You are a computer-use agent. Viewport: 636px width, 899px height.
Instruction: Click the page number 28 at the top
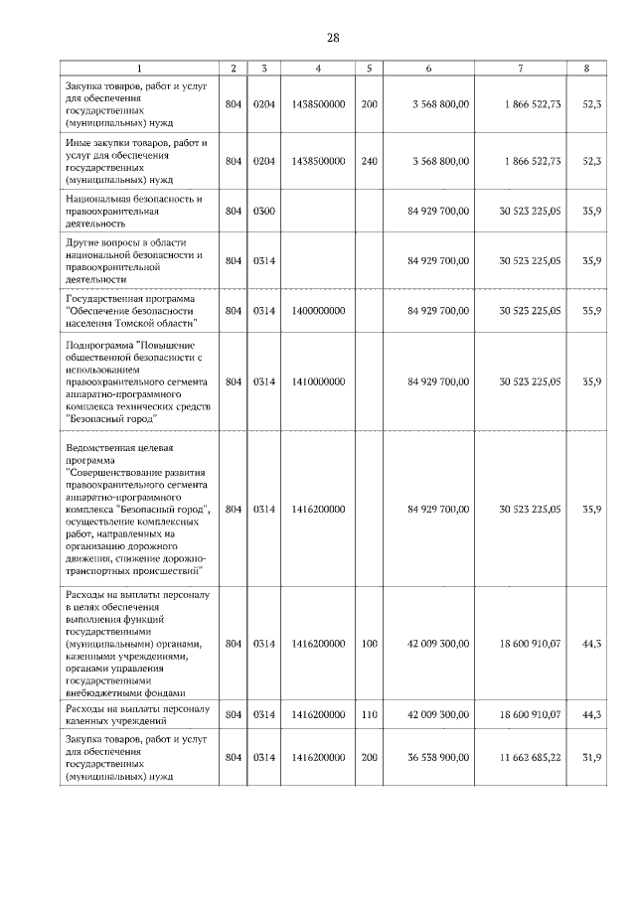tap(333, 38)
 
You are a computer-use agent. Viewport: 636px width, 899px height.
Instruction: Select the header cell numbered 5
tap(369, 69)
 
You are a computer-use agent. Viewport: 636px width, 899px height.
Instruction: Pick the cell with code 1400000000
tap(319, 311)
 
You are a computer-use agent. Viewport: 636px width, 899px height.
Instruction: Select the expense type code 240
tap(369, 161)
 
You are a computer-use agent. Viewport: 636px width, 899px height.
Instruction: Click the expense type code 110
tap(369, 714)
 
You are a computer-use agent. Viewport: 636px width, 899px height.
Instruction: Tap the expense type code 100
tap(369, 644)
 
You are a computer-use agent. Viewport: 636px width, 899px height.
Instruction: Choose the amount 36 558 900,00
tap(438, 758)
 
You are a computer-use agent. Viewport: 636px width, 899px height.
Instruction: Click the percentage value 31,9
tap(591, 758)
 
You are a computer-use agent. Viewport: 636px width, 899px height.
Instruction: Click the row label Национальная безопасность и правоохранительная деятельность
tap(134, 212)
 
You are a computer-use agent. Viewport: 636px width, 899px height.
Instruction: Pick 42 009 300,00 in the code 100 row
tap(438, 644)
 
